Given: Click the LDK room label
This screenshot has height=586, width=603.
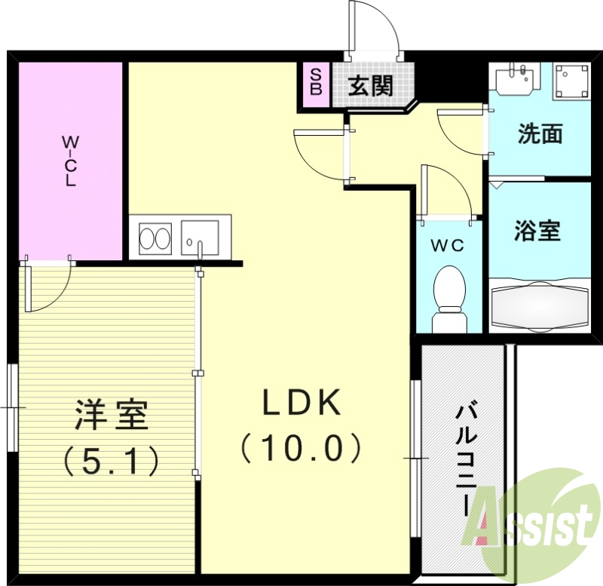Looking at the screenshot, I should point(301,404).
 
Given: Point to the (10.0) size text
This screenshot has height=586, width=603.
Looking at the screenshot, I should point(301,450).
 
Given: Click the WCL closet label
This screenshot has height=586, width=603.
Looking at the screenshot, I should point(69,161).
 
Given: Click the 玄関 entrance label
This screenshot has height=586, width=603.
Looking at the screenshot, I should point(370,86).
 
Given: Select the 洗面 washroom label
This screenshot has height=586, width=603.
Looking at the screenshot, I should point(540,134).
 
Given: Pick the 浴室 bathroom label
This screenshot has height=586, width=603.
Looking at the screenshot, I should point(537,231).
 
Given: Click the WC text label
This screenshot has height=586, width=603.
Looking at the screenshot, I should point(447,245).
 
